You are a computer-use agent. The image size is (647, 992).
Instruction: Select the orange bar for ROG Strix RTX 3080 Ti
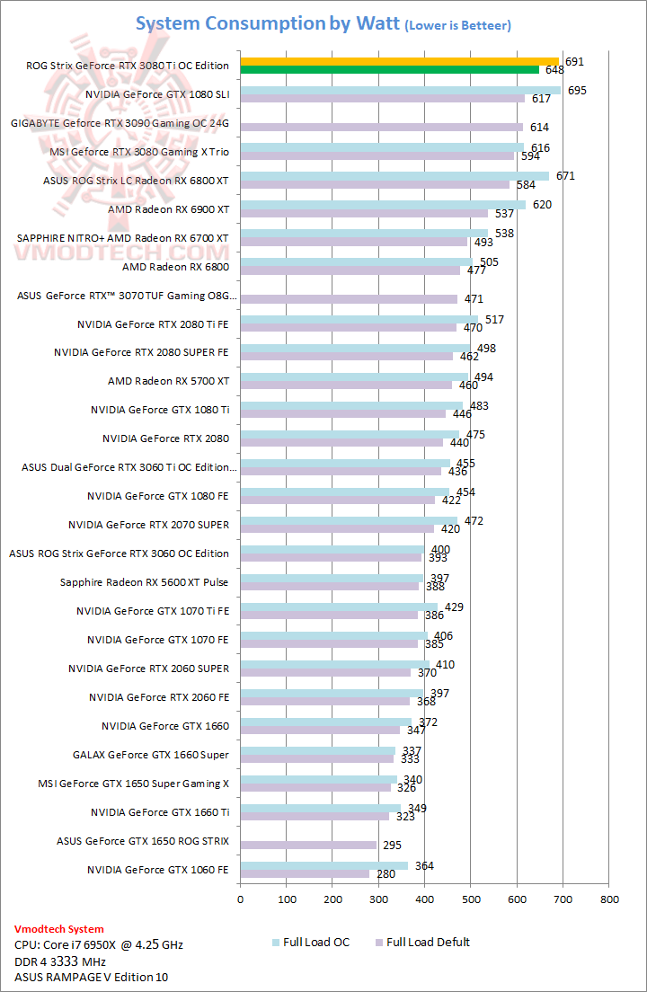(399, 61)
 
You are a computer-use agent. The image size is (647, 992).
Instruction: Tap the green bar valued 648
(389, 69)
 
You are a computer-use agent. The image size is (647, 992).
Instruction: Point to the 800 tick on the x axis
(609, 898)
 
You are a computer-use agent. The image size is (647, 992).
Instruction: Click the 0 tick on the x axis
(240, 898)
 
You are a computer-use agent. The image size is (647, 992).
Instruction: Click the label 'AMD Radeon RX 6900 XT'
(168, 209)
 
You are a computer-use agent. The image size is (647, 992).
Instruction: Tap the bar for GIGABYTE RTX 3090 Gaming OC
(381, 127)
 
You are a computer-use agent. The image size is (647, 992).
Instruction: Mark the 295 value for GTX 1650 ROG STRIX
(393, 845)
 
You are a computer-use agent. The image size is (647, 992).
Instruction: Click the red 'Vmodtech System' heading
(59, 929)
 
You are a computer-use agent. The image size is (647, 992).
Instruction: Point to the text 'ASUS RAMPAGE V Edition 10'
(91, 977)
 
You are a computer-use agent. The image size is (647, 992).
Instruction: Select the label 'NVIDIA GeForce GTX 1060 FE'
(158, 870)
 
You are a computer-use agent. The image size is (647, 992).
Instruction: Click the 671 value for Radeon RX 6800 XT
(565, 176)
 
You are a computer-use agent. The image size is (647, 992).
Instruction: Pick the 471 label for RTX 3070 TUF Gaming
(474, 299)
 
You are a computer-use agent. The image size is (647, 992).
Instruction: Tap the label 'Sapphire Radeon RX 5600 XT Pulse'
(144, 582)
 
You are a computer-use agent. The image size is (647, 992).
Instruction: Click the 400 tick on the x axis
(424, 898)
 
